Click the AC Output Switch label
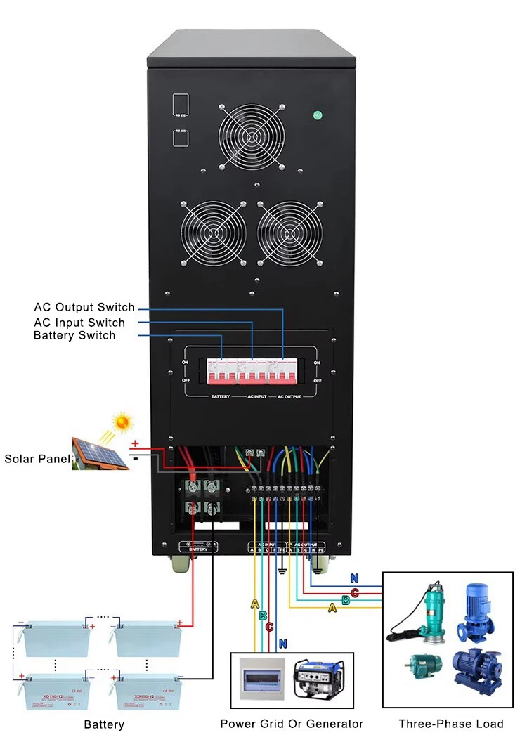(x=84, y=308)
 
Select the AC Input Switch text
(x=79, y=323)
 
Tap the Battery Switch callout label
(x=74, y=336)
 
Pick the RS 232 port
(x=180, y=105)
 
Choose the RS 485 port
(x=180, y=137)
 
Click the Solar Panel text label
(x=37, y=459)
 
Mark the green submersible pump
(x=420, y=612)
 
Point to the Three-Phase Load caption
(x=451, y=724)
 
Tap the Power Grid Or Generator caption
(x=292, y=724)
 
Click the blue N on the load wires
(x=355, y=579)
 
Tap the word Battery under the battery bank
(x=104, y=724)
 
